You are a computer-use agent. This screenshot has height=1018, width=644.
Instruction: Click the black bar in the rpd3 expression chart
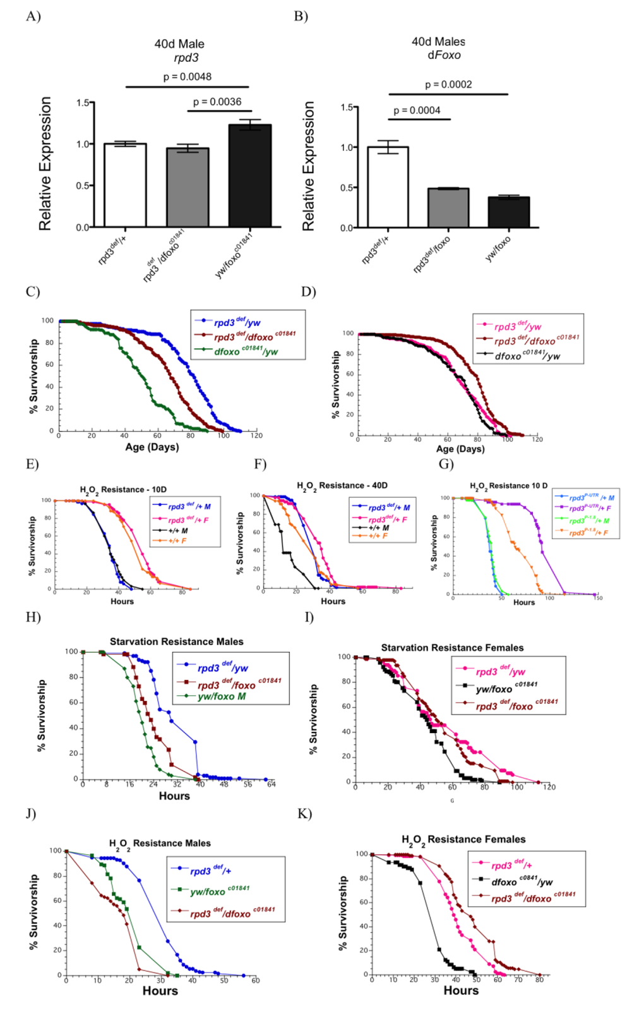click(250, 176)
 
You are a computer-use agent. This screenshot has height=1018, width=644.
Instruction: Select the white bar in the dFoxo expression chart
click(388, 187)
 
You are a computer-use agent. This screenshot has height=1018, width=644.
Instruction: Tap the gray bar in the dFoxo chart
click(448, 207)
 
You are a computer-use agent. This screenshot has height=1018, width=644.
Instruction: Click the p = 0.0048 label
click(188, 77)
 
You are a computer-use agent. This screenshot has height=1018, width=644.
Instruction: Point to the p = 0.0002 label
click(448, 85)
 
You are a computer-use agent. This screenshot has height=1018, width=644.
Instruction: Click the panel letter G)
click(446, 464)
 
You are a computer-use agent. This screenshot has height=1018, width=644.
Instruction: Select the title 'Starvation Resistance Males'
click(176, 641)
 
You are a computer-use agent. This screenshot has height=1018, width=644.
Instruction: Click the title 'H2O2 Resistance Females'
click(463, 839)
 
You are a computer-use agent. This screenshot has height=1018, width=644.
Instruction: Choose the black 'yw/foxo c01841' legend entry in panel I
click(506, 688)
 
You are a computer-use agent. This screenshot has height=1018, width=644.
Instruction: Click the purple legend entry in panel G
click(590, 508)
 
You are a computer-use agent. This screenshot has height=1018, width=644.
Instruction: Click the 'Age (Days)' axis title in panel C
click(152, 447)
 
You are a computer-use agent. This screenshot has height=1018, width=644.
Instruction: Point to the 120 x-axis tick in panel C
click(256, 435)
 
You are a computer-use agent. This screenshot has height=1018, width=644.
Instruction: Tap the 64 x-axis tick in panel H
click(271, 784)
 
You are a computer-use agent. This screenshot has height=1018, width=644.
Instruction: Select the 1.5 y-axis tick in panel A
click(83, 103)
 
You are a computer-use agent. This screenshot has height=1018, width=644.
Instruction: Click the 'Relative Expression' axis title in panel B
click(308, 166)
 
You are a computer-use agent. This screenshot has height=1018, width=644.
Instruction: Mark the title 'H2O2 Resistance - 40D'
click(342, 485)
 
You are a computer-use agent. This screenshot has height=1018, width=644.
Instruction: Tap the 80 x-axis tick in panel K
click(539, 980)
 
